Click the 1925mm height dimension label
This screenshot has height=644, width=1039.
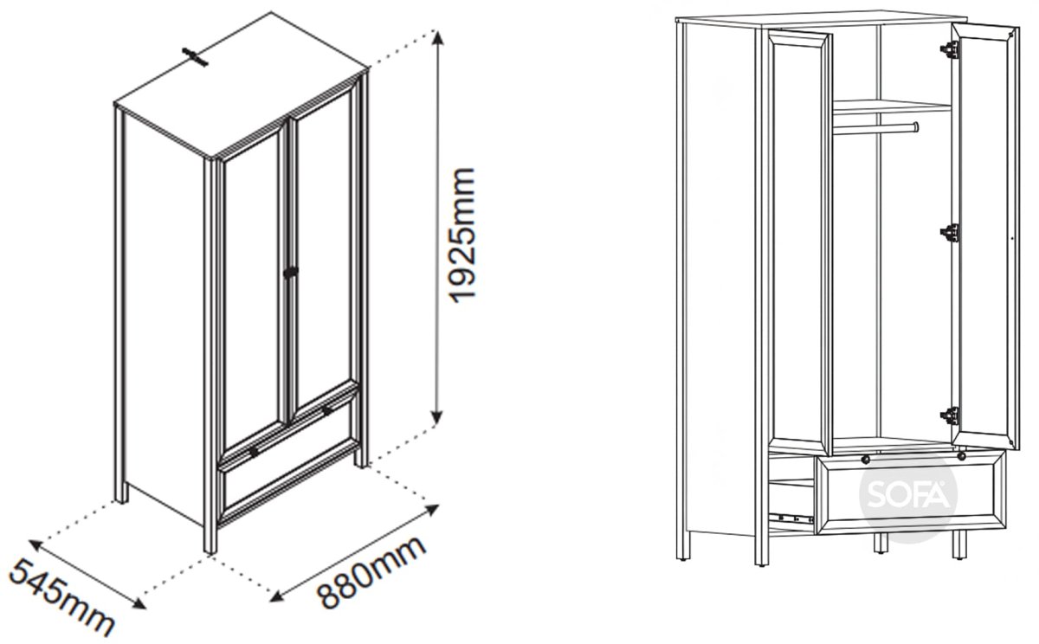tap(462, 235)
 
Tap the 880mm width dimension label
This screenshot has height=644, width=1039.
tap(371, 571)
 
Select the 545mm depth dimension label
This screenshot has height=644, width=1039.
tap(61, 598)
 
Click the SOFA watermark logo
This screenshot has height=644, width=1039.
tap(908, 496)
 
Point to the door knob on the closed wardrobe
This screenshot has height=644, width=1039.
tap(291, 272)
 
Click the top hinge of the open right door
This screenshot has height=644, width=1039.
tap(950, 49)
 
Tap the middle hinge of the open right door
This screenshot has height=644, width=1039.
tap(950, 232)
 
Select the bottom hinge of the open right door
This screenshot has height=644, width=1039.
tap(950, 415)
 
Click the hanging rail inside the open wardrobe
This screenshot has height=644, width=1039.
tap(875, 129)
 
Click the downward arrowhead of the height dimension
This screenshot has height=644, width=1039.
tap(437, 416)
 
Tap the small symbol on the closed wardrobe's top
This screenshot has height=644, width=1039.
tap(196, 57)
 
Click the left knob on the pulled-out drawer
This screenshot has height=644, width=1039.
tap(866, 460)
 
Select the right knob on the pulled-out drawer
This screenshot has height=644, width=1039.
tap(961, 457)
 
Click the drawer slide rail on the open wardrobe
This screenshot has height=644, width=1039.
tap(791, 518)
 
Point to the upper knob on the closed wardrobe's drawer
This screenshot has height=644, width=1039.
tap(327, 411)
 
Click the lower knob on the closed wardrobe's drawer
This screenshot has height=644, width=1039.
tap(254, 451)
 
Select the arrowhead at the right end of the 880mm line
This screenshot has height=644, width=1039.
tap(431, 509)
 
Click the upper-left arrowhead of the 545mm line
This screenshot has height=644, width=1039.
tap(36, 544)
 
